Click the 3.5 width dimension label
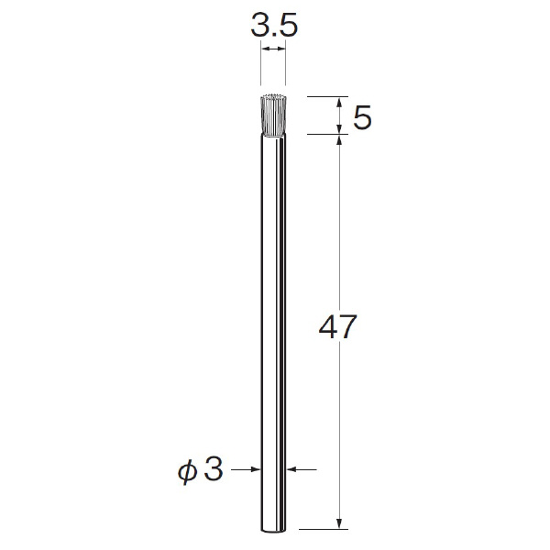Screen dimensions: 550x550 274,26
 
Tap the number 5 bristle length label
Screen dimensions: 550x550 362,118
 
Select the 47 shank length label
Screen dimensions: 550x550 337,326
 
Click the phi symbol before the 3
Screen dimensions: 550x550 188,472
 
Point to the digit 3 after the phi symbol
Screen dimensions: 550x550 214,469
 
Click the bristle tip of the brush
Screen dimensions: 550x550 273,96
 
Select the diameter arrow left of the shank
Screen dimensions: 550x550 246,469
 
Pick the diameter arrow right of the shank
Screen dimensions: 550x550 302,469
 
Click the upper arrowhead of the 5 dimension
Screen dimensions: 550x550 339,103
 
